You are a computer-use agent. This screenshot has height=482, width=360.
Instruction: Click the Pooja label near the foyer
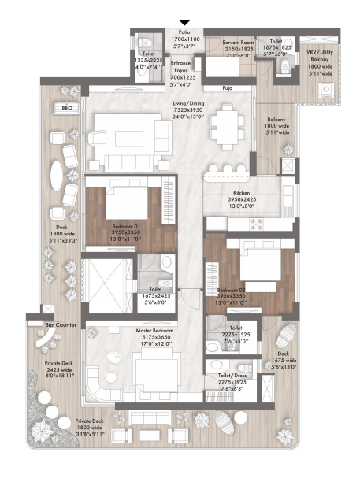point(228,89)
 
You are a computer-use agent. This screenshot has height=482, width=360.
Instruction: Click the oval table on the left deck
point(60,172)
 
